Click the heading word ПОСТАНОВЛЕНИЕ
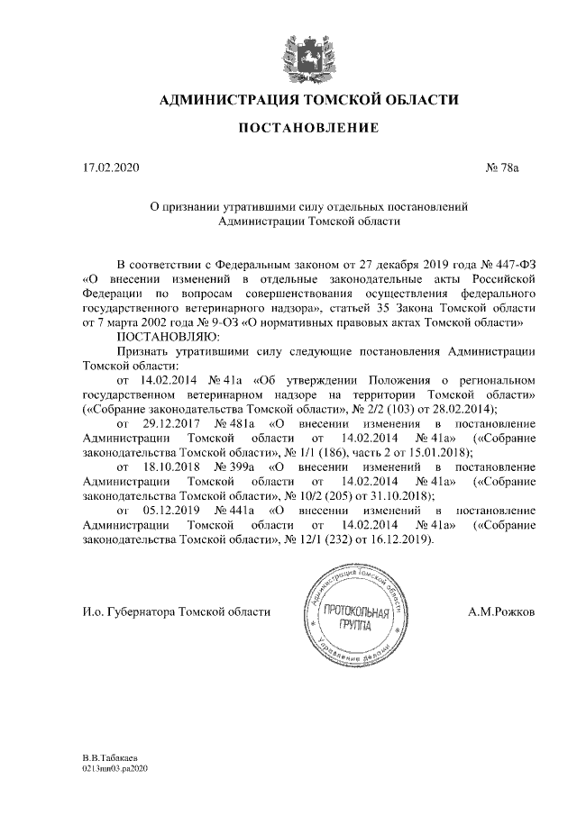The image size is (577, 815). pos(307,130)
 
